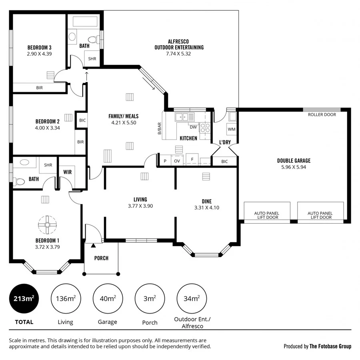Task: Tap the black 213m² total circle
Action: coord(24,298)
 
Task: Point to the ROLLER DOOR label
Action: coord(322,115)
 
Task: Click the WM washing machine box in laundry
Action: coord(231,129)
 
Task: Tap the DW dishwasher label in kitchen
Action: coord(193,127)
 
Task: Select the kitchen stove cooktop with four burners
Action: coord(205,128)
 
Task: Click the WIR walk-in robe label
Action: coord(67,173)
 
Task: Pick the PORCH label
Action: coord(101,258)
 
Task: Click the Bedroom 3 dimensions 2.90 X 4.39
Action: coord(39,54)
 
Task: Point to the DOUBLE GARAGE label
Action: coord(294,161)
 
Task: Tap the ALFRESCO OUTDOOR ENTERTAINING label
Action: coord(179,44)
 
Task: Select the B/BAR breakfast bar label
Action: coord(159,130)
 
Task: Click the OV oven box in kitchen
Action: coord(177,161)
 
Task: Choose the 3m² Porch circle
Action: coord(150,298)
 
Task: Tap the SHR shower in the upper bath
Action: coord(92,59)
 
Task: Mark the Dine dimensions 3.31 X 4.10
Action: coord(206,208)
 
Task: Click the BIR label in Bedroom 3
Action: coord(39,88)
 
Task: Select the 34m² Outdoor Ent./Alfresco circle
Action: coord(191,298)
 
